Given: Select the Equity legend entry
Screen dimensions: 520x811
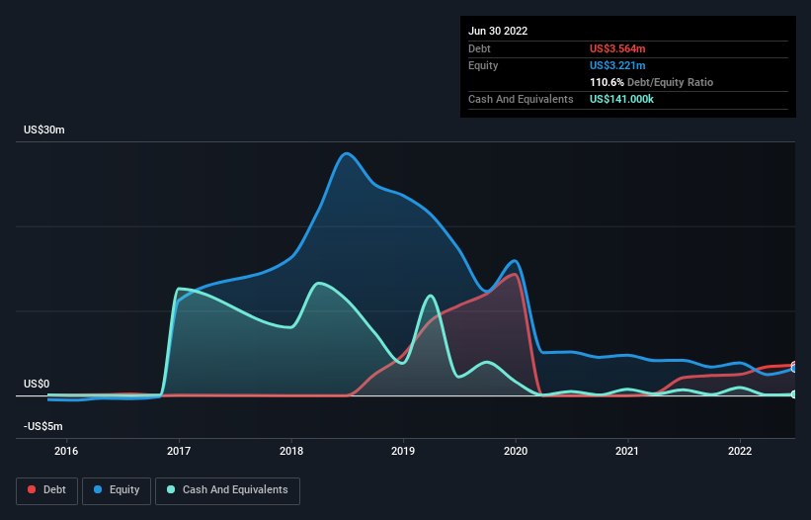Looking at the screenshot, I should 117,489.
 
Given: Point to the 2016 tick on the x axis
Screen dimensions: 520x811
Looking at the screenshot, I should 66,452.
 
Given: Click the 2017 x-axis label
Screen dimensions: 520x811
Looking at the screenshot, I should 179,452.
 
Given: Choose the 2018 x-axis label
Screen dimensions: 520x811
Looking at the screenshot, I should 291,452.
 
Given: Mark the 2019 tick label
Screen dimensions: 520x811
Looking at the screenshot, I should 403,452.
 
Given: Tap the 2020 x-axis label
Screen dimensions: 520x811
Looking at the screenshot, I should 516,452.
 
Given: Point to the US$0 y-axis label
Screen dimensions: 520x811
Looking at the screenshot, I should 37,384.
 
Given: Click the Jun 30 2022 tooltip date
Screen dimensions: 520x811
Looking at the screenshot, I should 498,31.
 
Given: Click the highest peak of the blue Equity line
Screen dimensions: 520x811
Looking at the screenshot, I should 345,153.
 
